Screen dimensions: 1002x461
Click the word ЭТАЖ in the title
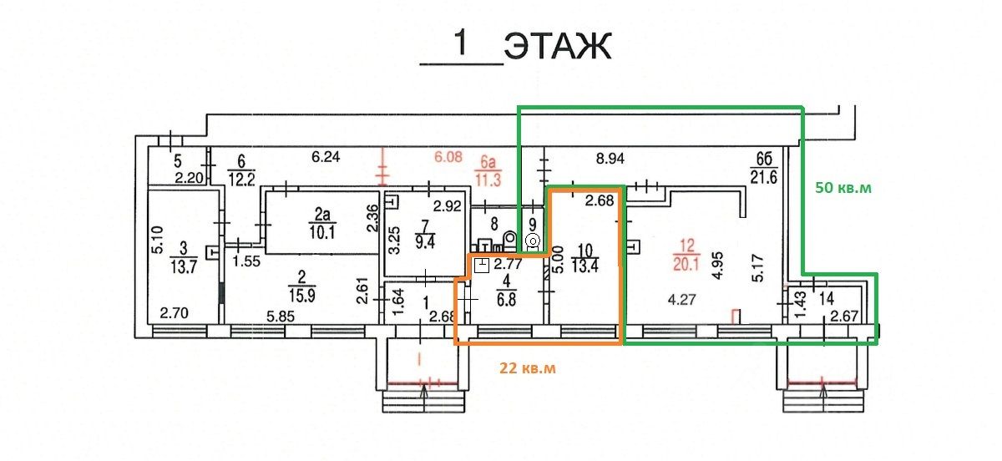tap(558, 47)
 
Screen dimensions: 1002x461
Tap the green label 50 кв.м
tap(843, 188)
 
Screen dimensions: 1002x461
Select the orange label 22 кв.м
tap(528, 368)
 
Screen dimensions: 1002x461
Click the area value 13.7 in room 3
tap(184, 267)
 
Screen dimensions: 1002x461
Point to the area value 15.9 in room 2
tap(301, 296)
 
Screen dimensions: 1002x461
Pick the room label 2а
tap(322, 215)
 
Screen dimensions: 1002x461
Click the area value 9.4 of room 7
tap(425, 242)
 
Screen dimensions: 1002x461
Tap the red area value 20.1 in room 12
tap(686, 264)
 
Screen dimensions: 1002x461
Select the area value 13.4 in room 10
tap(584, 266)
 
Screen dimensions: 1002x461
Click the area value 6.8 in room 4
tap(506, 299)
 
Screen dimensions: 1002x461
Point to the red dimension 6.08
tap(448, 157)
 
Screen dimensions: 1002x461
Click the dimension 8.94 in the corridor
tap(610, 159)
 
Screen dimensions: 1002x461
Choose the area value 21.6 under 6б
tap(763, 178)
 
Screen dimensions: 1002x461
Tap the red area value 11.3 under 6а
tap(488, 180)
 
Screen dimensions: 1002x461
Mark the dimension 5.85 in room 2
tap(281, 317)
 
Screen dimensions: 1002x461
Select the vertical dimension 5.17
tap(758, 267)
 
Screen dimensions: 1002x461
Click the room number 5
tap(178, 160)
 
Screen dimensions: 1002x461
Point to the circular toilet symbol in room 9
tap(533, 241)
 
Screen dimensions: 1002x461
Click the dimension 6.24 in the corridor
tap(326, 157)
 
